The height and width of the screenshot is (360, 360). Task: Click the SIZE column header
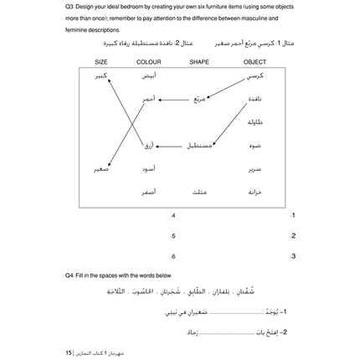coord(101,61)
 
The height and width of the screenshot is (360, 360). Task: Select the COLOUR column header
coord(149,61)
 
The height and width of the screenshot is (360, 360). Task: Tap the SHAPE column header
coord(199,61)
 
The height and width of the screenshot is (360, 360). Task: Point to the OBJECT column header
coord(255,61)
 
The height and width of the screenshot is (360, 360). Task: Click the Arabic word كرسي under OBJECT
coord(255,76)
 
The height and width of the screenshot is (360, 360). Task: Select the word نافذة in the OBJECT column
coord(255,100)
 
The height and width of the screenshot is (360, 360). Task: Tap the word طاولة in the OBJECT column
coord(255,123)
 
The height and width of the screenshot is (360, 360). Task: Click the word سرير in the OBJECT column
coord(255,169)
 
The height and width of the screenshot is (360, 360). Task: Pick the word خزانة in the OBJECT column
coord(255,192)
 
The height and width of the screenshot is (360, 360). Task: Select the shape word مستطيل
coord(198,146)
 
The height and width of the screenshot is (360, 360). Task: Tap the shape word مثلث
coord(199,192)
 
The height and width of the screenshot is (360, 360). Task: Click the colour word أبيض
coord(148,76)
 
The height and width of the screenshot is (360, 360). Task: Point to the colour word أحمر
coord(148,100)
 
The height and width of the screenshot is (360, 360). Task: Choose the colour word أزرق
coord(148,146)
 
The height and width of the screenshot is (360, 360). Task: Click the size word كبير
coord(100,76)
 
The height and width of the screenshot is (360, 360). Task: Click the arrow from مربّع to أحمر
coord(173,100)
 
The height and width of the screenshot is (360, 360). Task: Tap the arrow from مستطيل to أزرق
coord(169,147)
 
